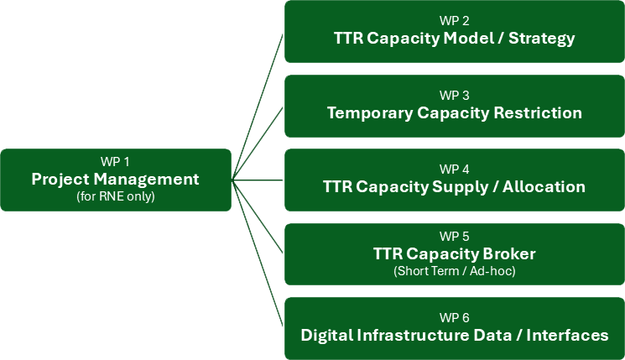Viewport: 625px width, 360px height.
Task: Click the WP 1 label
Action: pos(115,162)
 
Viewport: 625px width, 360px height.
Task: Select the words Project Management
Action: pos(115,179)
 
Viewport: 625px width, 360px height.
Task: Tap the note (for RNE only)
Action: pos(115,196)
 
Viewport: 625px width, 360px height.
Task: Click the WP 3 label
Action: pos(454,95)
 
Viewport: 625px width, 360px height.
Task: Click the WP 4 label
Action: pos(454,169)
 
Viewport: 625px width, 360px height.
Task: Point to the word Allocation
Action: pos(544,186)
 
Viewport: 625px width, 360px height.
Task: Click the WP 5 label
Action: pos(454,235)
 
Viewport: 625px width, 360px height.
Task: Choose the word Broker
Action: pos(508,253)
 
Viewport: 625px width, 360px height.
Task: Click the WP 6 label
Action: pos(454,317)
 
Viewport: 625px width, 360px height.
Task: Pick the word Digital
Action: pos(329,335)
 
